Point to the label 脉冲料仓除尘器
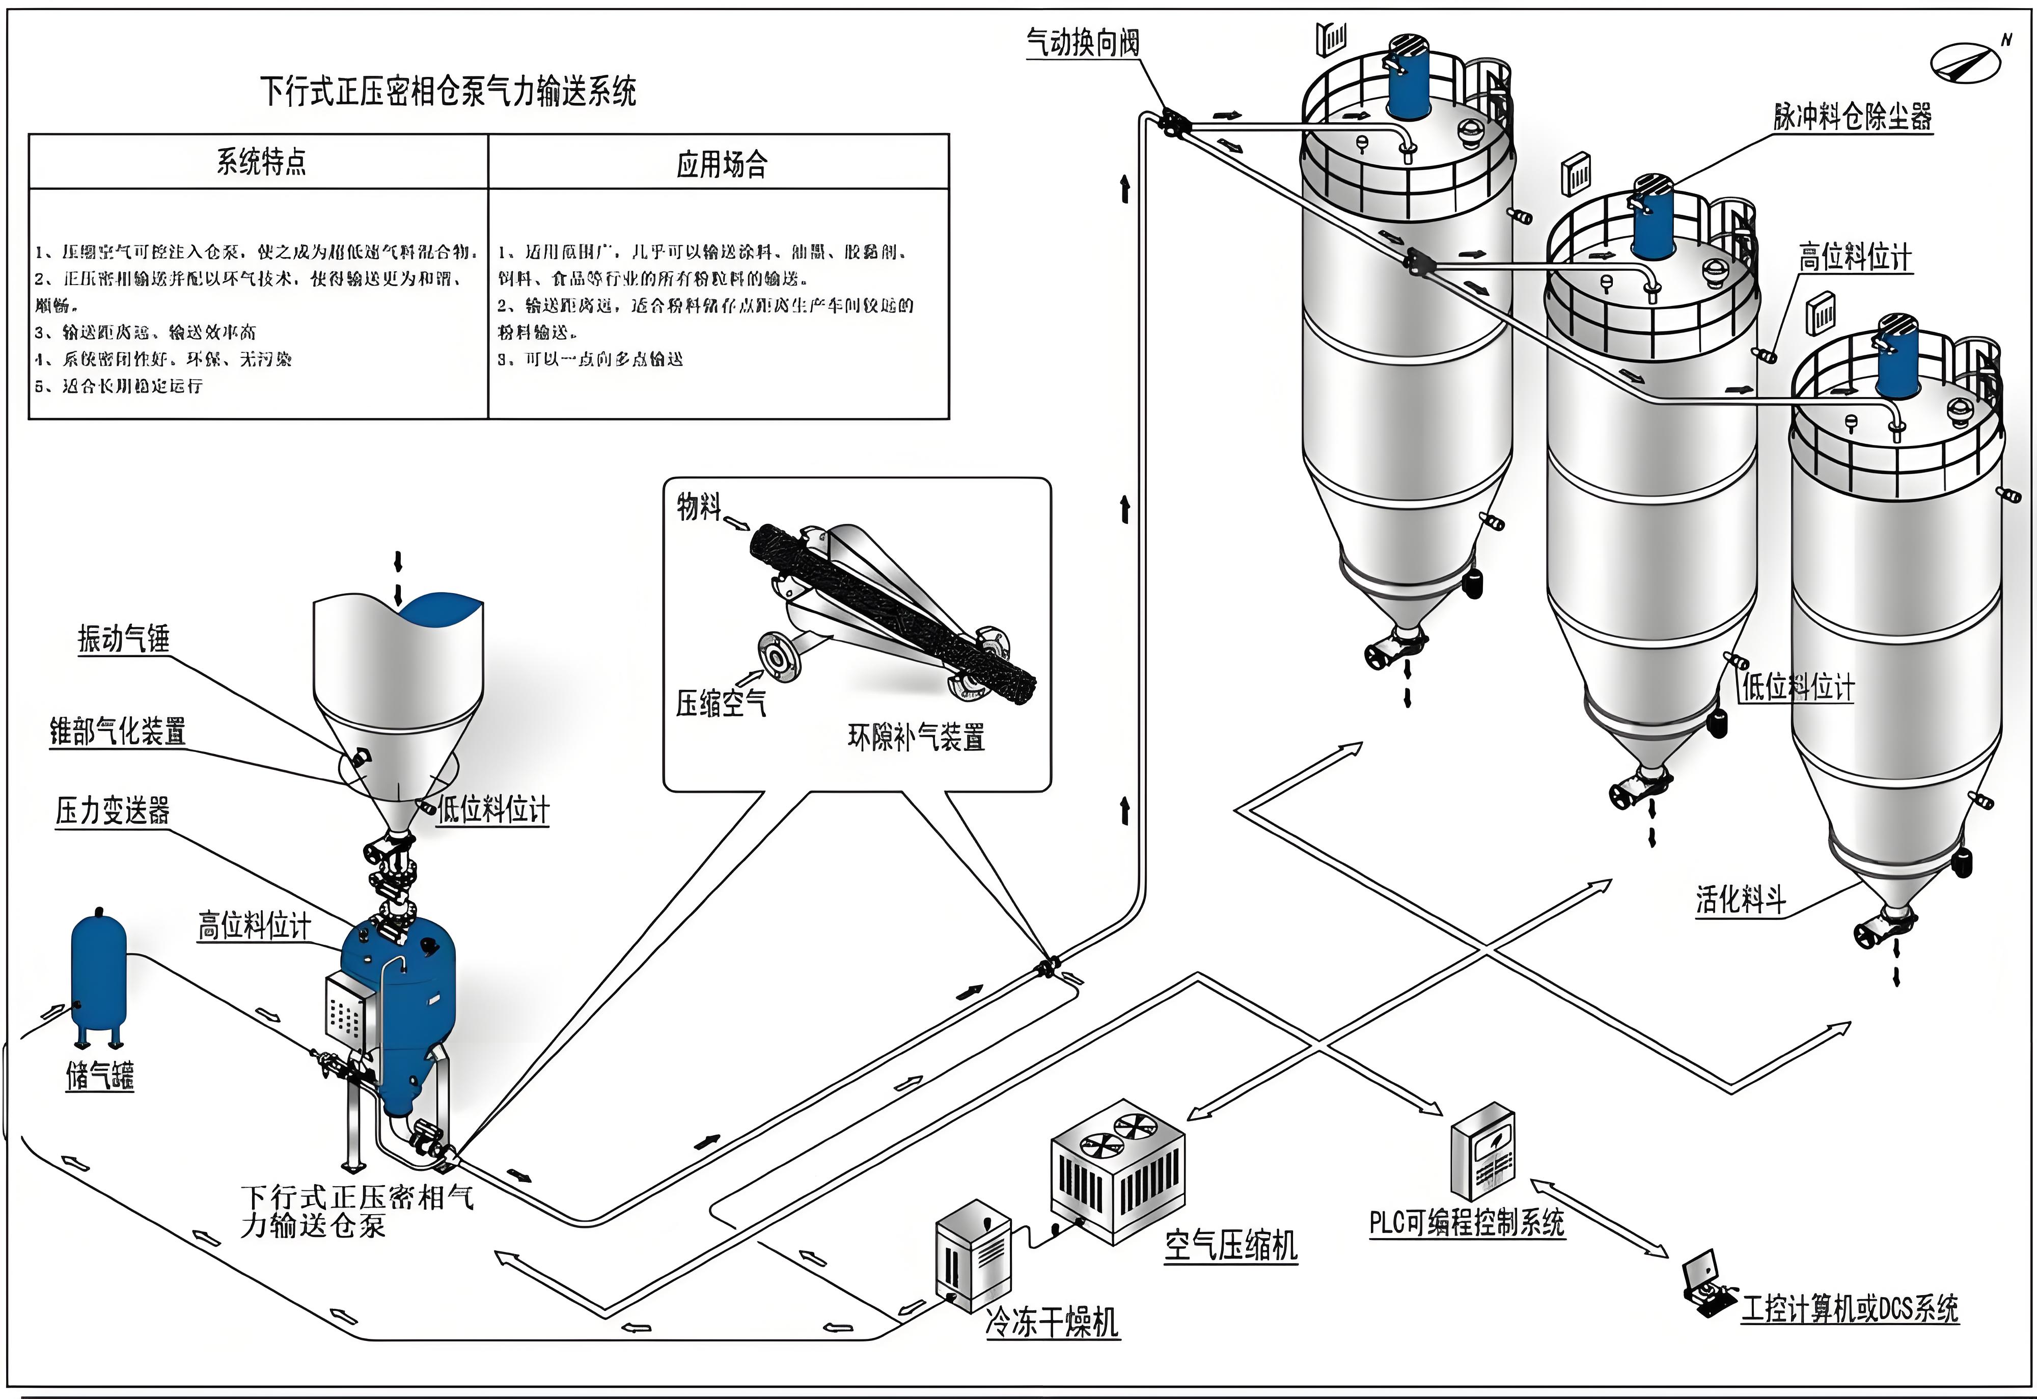(1852, 117)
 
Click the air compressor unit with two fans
(1118, 1170)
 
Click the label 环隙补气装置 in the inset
(916, 736)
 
